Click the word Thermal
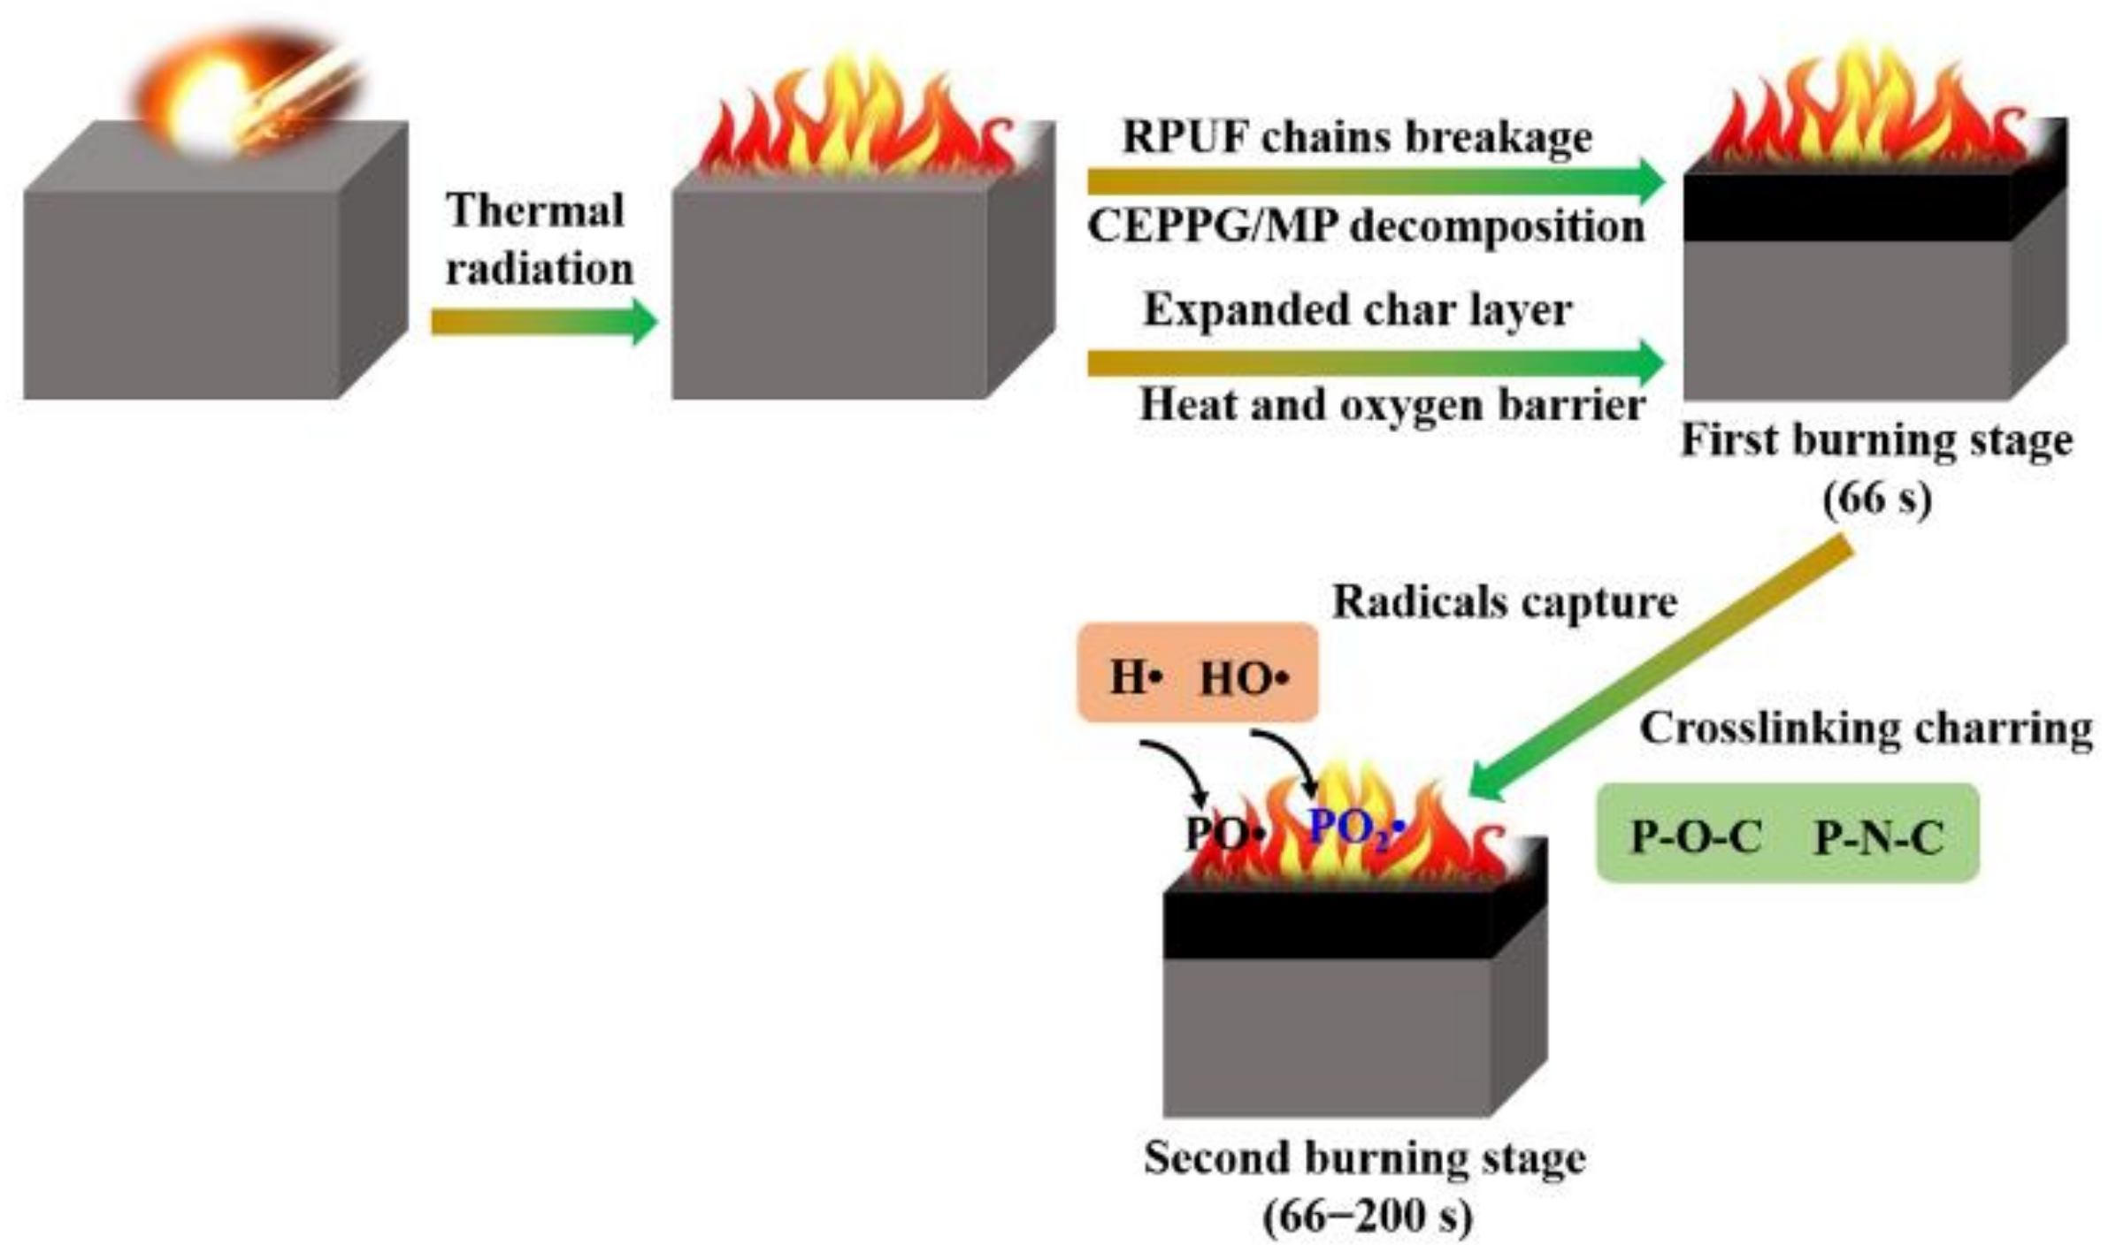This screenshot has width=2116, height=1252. coord(535,210)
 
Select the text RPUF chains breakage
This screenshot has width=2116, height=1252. coord(1357,138)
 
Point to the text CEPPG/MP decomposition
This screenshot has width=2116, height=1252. coord(1365,226)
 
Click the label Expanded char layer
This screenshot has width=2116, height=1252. coord(1357,310)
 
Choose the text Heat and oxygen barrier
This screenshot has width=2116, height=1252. coord(1391,406)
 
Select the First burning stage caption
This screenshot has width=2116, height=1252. coord(1876,440)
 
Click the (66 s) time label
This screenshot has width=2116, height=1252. coord(1876,499)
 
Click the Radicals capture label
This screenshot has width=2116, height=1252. coord(1504,603)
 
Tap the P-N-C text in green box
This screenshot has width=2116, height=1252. coord(1878,837)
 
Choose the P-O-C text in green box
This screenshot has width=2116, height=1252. coord(1695,837)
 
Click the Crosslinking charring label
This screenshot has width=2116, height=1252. coord(1866,729)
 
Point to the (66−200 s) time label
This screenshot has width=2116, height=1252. coord(1367,1218)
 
